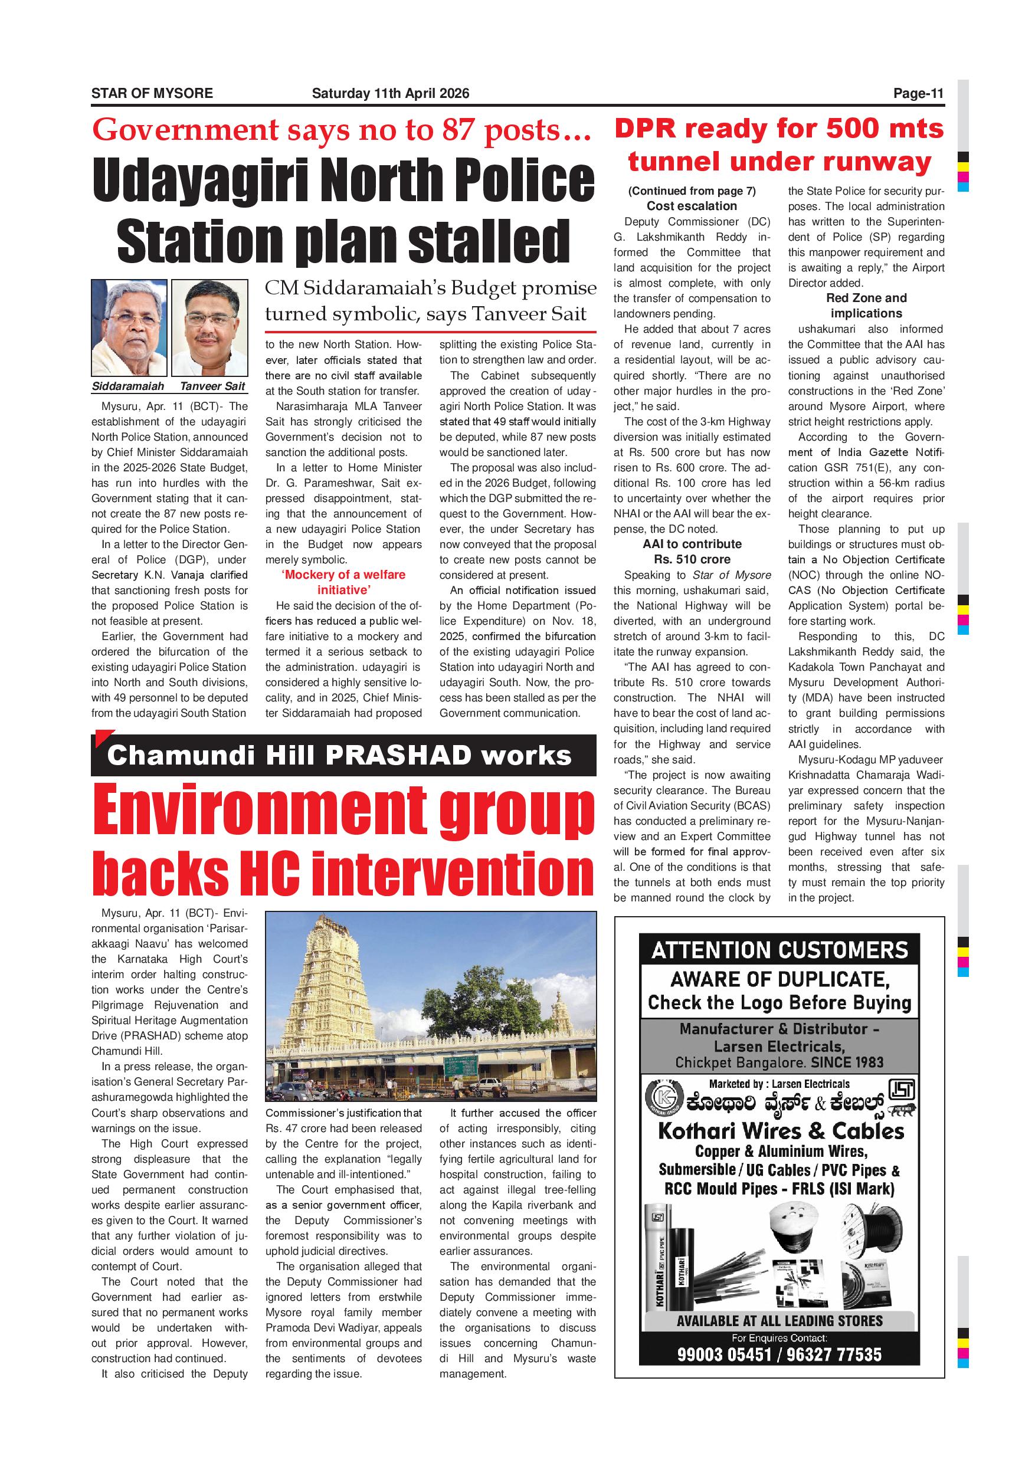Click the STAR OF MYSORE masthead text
(152, 94)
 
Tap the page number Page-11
(918, 94)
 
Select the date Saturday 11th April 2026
(390, 94)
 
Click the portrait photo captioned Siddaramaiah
(129, 327)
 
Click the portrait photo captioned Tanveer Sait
(209, 327)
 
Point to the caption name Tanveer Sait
(212, 386)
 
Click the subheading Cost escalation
(692, 206)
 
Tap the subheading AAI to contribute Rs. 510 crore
(692, 552)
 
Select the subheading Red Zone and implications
(866, 306)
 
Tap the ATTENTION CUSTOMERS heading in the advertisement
(779, 950)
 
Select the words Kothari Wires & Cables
(781, 1131)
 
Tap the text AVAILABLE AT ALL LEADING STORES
(779, 1321)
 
